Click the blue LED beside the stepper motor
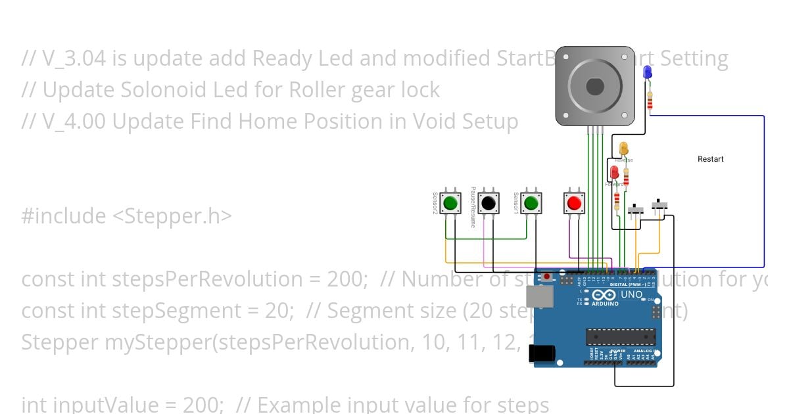pos(647,72)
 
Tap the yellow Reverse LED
pos(623,149)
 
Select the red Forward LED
pos(615,172)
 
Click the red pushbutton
pos(574,203)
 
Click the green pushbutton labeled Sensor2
pos(450,203)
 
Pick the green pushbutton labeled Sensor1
pos(531,203)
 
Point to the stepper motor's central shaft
pos(595,85)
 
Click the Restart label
pos(710,159)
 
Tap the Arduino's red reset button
pos(546,277)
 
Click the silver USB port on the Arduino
pos(542,298)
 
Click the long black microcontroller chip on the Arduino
pos(621,336)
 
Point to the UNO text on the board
pos(631,296)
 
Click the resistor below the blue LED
pos(650,101)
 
